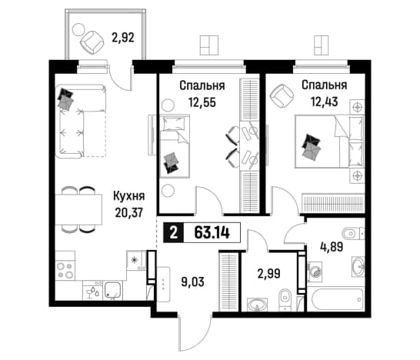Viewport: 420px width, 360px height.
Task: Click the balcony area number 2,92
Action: click(123, 38)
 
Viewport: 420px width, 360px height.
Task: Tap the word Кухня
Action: click(129, 196)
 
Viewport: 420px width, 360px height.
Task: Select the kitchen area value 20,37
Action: click(129, 212)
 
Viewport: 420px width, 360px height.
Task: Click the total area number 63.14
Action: click(212, 233)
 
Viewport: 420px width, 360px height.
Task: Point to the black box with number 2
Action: click(174, 233)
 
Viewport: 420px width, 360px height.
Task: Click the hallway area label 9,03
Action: click(192, 282)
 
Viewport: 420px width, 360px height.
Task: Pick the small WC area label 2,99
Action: click(269, 274)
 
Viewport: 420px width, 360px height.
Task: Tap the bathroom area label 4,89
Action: click(332, 247)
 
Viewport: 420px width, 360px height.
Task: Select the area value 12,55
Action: click(202, 102)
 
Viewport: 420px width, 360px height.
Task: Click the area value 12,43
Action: click(324, 102)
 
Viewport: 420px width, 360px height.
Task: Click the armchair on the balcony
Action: click(92, 42)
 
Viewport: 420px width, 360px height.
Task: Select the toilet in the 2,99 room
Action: click(284, 300)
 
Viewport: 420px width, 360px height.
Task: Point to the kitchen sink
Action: click(113, 290)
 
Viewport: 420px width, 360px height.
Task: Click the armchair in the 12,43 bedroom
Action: click(282, 95)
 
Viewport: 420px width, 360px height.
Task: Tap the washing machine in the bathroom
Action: click(315, 272)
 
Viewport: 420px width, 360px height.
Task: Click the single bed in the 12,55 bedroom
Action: click(175, 146)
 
